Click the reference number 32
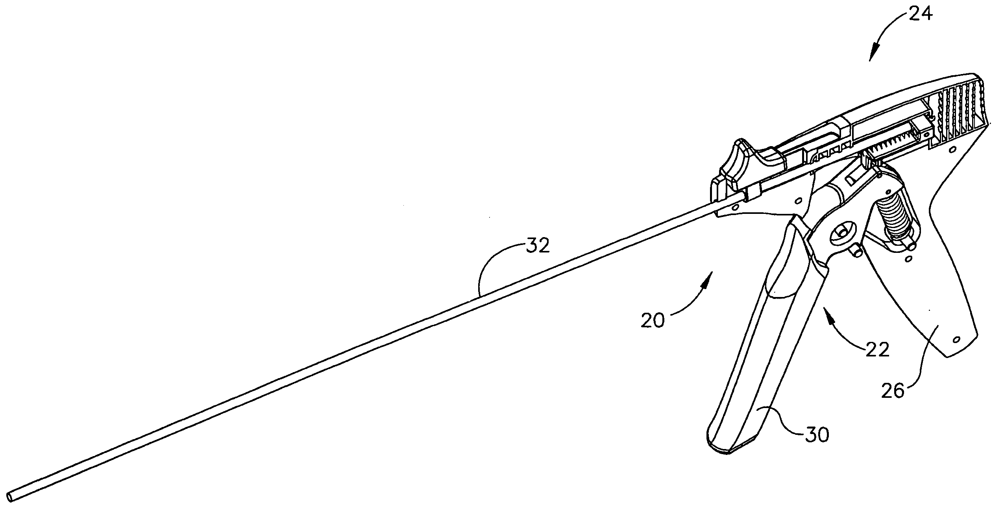click(538, 247)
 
